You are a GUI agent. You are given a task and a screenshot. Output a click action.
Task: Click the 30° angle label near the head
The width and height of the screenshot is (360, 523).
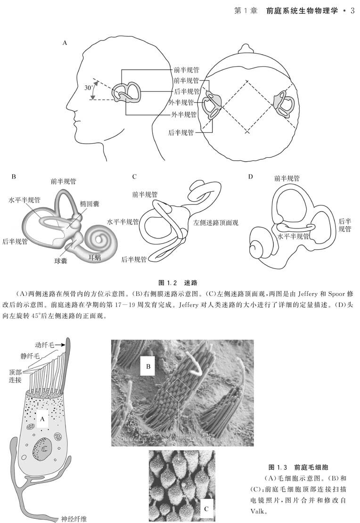point(88,88)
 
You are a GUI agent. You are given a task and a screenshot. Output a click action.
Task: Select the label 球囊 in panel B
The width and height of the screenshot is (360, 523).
point(60,260)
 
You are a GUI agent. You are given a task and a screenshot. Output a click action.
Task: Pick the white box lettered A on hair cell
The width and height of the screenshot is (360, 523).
point(42,418)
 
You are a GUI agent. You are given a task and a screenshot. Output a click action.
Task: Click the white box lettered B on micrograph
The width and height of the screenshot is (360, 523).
point(147,366)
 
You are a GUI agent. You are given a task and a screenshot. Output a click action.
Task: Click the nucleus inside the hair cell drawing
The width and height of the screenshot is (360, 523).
point(41,448)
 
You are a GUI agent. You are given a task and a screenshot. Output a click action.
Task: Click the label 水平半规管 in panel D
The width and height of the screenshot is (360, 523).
point(294,237)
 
